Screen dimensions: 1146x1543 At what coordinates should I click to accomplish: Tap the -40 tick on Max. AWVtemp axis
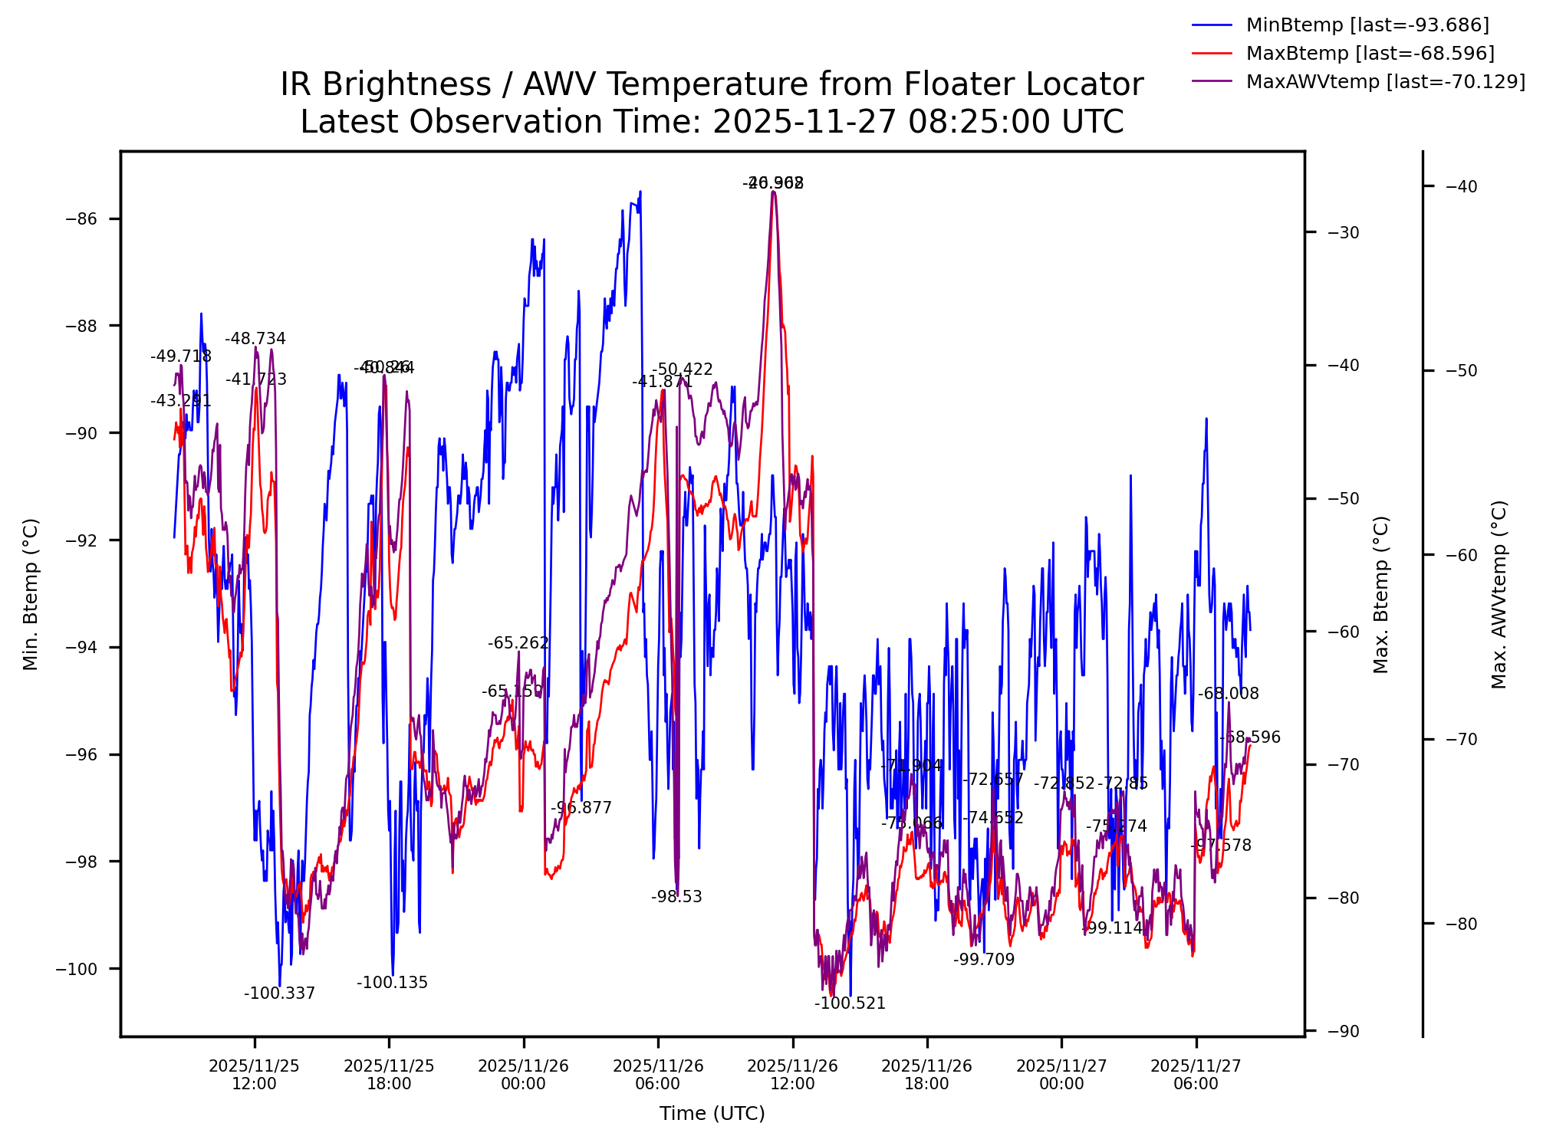[1461, 186]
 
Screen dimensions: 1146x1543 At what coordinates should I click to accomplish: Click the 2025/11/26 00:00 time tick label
[524, 1075]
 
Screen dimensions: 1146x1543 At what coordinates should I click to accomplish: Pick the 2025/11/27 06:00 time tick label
[1196, 1075]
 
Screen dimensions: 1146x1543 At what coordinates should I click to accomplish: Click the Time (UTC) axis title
[712, 1114]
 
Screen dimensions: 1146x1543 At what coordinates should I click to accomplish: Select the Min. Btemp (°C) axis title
[31, 594]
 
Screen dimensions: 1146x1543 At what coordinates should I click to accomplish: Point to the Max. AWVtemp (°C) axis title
[1499, 594]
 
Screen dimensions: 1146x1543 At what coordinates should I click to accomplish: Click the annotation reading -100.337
[279, 994]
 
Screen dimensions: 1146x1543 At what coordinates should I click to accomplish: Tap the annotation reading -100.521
[850, 1004]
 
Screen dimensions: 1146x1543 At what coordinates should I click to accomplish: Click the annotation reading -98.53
[676, 898]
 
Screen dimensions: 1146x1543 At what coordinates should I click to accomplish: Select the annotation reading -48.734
[255, 339]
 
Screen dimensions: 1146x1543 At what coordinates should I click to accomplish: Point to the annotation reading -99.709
[984, 960]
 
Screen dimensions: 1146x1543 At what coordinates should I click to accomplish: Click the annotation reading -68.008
[1229, 694]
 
